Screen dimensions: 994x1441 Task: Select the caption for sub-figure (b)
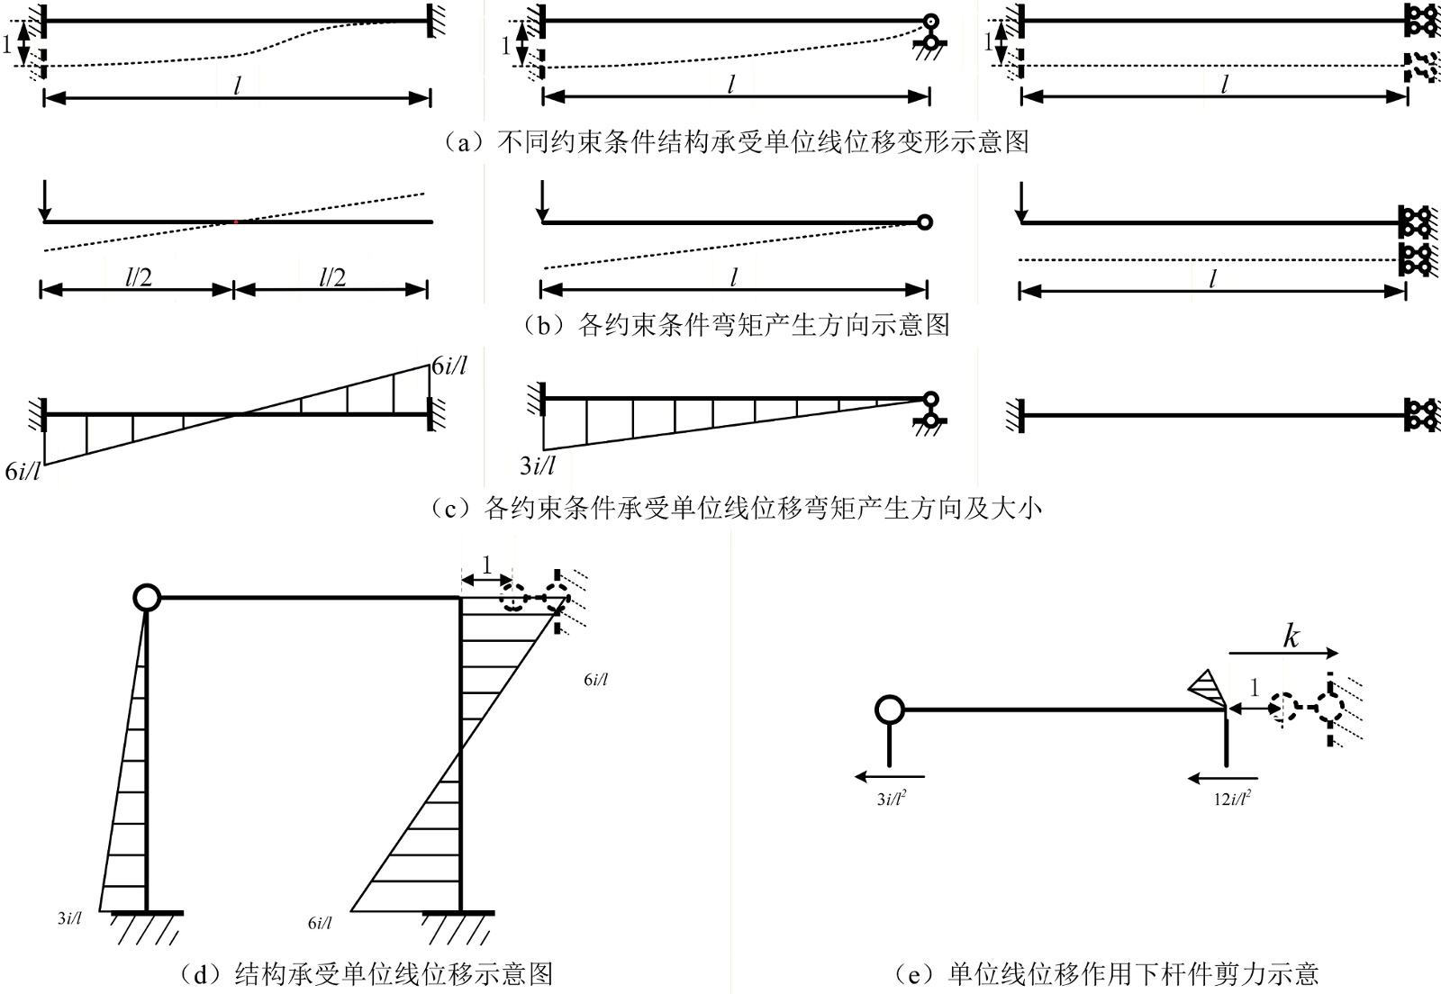[736, 324]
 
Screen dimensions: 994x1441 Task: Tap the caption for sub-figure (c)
[736, 508]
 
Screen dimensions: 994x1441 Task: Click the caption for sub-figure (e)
[1107, 973]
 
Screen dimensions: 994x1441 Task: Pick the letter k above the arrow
[1291, 637]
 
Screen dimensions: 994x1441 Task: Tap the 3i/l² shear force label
[891, 798]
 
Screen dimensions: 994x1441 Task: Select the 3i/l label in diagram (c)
[538, 465]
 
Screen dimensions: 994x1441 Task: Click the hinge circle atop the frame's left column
[146, 597]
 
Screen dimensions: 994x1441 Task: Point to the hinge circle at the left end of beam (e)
[889, 709]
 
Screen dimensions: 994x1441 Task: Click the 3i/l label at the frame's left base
[69, 919]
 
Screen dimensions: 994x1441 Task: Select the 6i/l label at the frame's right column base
[320, 923]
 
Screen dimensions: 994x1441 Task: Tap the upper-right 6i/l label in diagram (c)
[449, 366]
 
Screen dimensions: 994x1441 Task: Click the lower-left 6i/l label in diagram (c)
[23, 471]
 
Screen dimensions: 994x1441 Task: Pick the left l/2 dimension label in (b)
[138, 277]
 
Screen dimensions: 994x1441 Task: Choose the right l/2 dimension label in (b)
[332, 277]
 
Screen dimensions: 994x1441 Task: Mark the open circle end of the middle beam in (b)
[923, 221]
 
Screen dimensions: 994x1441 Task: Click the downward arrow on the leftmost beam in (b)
[42, 201]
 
